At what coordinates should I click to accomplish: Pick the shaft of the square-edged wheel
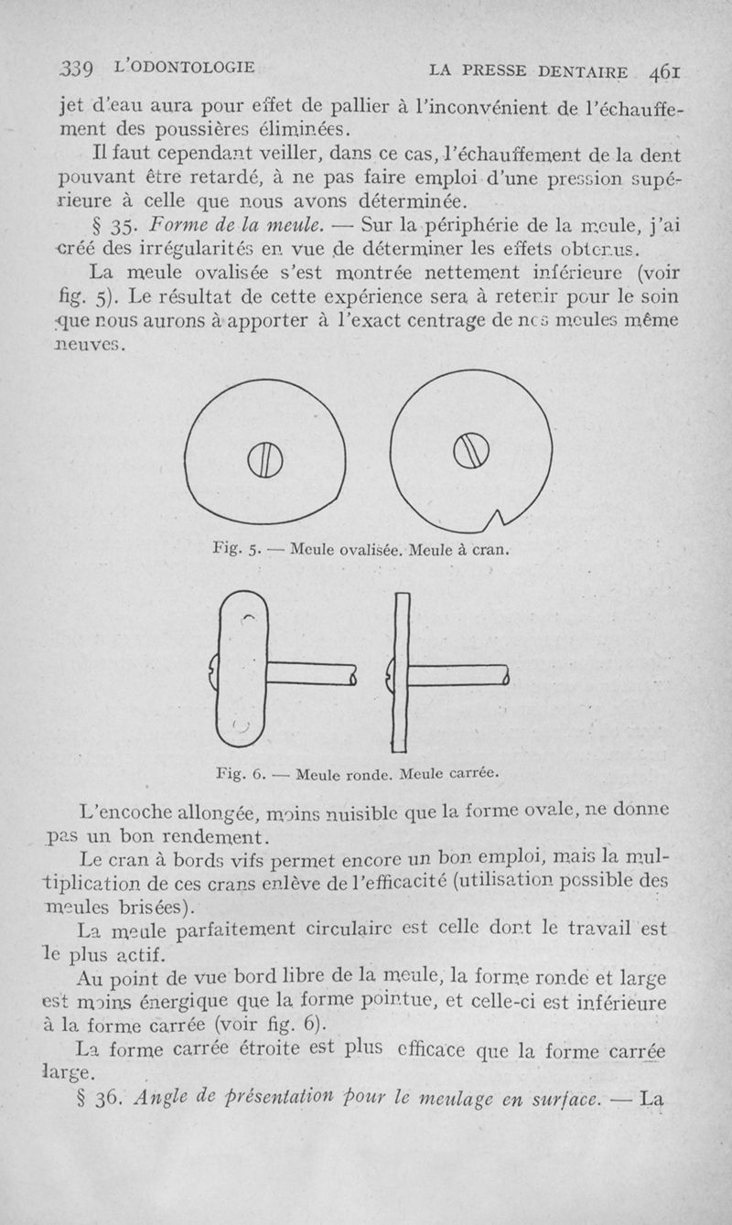455,675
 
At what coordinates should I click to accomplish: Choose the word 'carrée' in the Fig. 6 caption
473,774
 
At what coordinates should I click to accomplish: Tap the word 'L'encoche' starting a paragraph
135,810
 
